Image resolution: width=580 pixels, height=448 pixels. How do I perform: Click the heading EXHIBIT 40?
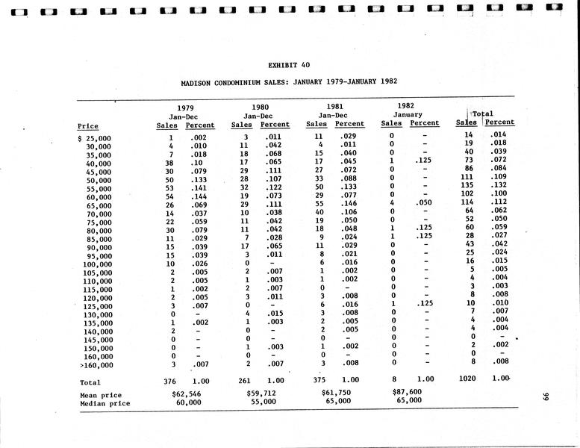click(289, 64)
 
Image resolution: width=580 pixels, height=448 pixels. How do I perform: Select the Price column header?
click(87, 126)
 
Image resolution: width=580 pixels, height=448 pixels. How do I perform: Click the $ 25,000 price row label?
click(95, 139)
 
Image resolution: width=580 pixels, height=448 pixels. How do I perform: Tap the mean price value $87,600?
click(407, 391)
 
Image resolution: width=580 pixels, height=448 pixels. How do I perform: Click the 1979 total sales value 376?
click(170, 382)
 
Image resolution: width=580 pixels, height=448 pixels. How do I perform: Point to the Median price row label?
click(105, 404)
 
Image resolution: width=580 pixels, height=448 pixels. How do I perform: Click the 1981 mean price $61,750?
click(335, 392)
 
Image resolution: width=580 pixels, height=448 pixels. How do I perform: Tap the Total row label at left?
click(90, 382)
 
